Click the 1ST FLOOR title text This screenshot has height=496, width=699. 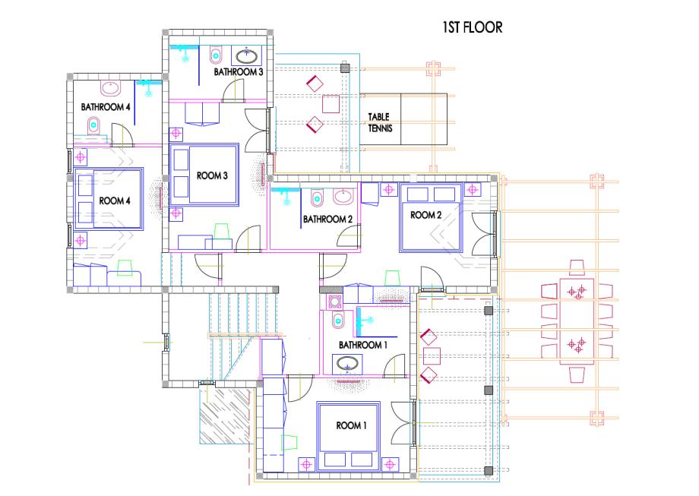pos(472,27)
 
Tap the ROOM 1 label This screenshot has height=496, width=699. pos(351,425)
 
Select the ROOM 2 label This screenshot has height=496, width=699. pos(425,215)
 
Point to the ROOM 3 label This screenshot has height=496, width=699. pos(212,175)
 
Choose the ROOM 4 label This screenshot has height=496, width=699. pos(115,201)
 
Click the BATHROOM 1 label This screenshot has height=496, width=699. pos(360,345)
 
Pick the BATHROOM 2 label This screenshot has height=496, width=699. pos(327,220)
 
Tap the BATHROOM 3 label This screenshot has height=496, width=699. pos(239,71)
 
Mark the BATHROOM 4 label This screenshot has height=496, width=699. pos(106,107)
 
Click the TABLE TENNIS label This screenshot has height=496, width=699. pos(380,122)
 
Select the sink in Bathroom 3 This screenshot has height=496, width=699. pos(246,56)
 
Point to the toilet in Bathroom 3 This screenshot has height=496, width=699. pos(217,55)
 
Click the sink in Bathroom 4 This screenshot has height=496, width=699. pos(110,88)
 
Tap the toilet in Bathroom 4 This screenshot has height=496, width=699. pos(93,125)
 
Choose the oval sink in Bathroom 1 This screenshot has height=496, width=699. pos(347,364)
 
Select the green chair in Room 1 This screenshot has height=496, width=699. pos(289,443)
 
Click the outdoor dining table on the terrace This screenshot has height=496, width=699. pos(577,321)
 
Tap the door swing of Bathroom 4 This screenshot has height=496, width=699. pos(122,134)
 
